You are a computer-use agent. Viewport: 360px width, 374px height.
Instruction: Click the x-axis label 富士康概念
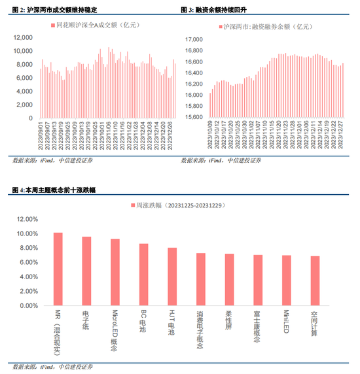tap(258, 326)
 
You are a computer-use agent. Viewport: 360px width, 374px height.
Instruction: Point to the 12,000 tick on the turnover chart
tap(24, 39)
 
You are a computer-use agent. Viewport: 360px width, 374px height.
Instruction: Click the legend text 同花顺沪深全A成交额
tap(99, 25)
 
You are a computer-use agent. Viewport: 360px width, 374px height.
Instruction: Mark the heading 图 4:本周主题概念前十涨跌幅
tap(56, 190)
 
